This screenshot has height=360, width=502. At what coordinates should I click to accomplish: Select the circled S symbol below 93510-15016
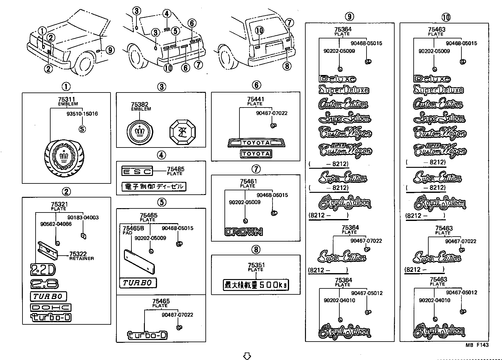pyautogui.click(x=82, y=129)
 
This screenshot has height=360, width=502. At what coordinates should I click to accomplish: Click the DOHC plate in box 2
pyautogui.click(x=51, y=307)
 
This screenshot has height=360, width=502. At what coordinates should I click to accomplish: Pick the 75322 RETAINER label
pyautogui.click(x=78, y=254)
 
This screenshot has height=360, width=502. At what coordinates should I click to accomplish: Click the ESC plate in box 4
pyautogui.click(x=137, y=171)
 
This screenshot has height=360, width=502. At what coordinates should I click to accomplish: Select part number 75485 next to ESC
pyautogui.click(x=175, y=169)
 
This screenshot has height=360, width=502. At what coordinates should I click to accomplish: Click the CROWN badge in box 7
pyautogui.click(x=244, y=232)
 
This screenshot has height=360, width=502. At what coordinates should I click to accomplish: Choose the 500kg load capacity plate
pyautogui.click(x=256, y=284)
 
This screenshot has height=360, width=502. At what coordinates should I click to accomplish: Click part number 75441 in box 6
pyautogui.click(x=255, y=99)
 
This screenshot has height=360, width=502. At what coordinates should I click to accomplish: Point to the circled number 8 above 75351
pyautogui.click(x=256, y=249)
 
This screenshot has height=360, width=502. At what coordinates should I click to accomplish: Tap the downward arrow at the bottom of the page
pyautogui.click(x=247, y=356)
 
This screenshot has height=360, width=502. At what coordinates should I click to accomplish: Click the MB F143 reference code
pyautogui.click(x=477, y=345)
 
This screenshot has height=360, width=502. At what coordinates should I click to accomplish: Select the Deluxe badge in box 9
pyautogui.click(x=337, y=79)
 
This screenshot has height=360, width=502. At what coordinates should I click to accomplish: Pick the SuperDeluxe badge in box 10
pyautogui.click(x=438, y=90)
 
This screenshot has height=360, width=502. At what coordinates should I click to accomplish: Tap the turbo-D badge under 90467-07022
pyautogui.click(x=147, y=336)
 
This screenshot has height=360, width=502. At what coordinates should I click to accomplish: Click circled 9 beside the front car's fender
pyautogui.click(x=110, y=50)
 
